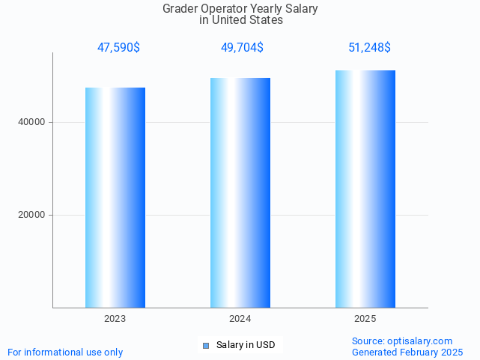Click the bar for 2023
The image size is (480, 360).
pyautogui.click(x=115, y=198)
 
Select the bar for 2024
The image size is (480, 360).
pyautogui.click(x=240, y=192)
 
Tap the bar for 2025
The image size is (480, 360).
pyautogui.click(x=365, y=189)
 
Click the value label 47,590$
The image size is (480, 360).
pyautogui.click(x=118, y=48)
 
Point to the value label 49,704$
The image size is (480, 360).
pyautogui.click(x=242, y=48)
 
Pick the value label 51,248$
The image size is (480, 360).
pyautogui.click(x=369, y=48)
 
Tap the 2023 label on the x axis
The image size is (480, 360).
pyautogui.click(x=115, y=319)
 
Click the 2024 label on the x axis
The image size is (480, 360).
pyautogui.click(x=240, y=319)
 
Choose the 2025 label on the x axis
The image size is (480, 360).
pyautogui.click(x=365, y=319)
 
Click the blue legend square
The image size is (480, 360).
pyautogui.click(x=206, y=346)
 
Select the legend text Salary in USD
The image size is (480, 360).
pyautogui.click(x=246, y=345)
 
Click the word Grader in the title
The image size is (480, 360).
pyautogui.click(x=180, y=9)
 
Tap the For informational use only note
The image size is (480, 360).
pyautogui.click(x=65, y=352)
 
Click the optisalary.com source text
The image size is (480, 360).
pyautogui.click(x=420, y=341)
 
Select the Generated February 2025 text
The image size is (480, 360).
pyautogui.click(x=407, y=352)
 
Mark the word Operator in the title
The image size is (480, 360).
pyautogui.click(x=225, y=9)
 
